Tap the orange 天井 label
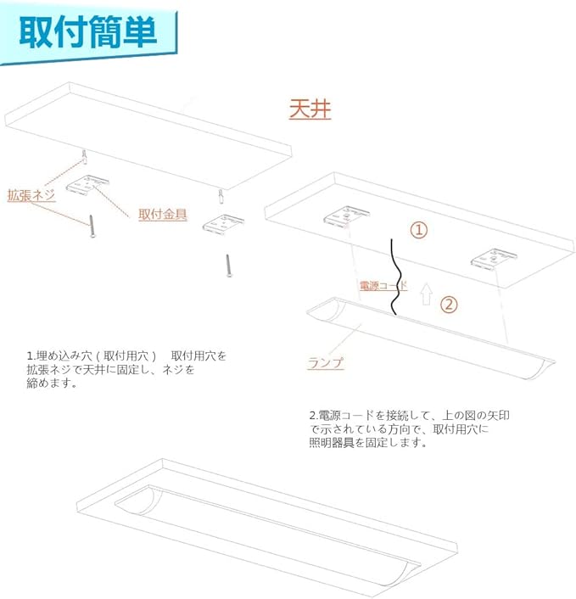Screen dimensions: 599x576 click(x=310, y=109)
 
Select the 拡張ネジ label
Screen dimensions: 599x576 click(x=31, y=195)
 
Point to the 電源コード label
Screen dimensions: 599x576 click(x=383, y=286)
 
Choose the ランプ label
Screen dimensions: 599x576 click(x=327, y=362)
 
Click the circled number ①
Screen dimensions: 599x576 click(x=419, y=230)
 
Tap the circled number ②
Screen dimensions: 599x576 click(x=450, y=303)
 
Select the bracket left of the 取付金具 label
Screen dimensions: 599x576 click(x=91, y=184)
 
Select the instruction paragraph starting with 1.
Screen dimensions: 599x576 click(x=127, y=368)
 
